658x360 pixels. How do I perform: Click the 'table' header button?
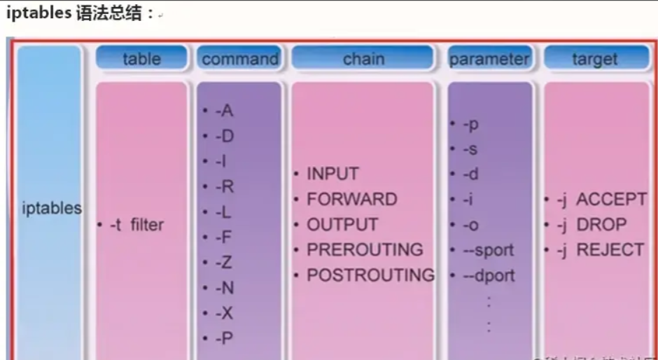coord(141,59)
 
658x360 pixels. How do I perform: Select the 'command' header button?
coord(239,59)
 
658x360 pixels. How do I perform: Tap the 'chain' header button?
coord(363,59)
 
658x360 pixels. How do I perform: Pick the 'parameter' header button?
coord(489,59)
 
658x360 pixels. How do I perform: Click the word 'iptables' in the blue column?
coord(51,208)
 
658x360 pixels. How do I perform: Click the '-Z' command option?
coord(224,262)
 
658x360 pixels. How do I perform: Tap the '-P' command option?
coord(224,338)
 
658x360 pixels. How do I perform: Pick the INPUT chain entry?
coord(332,174)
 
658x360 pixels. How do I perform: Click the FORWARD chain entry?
coord(351,199)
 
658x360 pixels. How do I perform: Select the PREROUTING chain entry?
coord(364,250)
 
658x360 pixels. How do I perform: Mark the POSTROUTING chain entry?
coord(370,275)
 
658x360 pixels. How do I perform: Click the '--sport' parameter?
coord(487,250)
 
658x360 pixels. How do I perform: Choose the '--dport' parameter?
coord(488,275)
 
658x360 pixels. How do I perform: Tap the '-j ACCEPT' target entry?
coord(601,200)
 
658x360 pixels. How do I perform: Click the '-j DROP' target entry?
coord(591,225)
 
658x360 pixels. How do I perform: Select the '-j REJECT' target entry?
coord(599,250)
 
